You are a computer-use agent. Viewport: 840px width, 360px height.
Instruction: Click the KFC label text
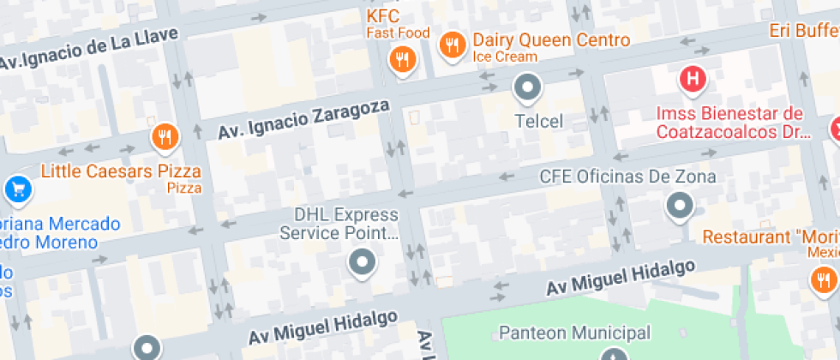coord(383,16)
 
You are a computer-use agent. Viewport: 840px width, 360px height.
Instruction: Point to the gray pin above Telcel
coord(527,87)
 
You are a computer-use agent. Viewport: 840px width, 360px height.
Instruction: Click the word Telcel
coord(538,121)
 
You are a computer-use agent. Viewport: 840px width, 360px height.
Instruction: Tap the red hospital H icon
coord(692,81)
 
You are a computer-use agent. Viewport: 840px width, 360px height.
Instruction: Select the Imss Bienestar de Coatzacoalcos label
coord(729,123)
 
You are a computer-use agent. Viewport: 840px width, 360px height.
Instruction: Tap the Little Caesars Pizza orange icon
coord(164,136)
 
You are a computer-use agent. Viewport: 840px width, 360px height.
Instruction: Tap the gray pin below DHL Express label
coord(362,262)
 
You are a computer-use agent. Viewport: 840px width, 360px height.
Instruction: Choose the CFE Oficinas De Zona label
coord(627,177)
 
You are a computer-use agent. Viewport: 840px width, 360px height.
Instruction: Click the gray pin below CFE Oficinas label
coord(680,205)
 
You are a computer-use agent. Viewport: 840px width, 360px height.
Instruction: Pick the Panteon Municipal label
coord(574,333)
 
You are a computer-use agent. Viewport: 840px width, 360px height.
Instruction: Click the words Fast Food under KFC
coord(398,33)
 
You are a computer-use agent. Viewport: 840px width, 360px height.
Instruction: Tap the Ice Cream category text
coord(505,57)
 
